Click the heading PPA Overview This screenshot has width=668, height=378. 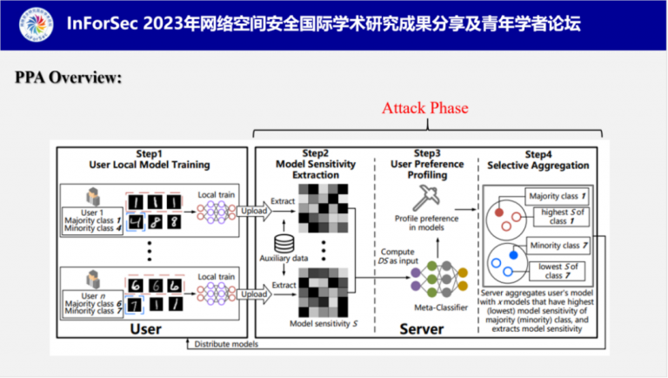pos(68,78)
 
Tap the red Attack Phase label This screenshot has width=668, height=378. pos(424,108)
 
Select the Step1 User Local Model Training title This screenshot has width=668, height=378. pos(150,159)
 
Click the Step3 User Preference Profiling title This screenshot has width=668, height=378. pos(424,159)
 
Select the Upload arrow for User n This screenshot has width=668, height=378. pos(254,294)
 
